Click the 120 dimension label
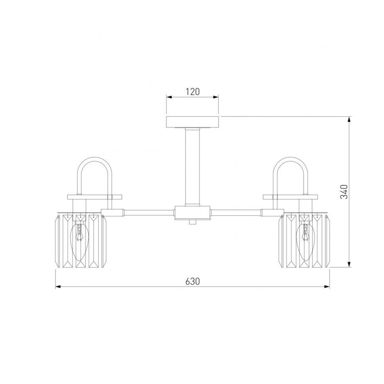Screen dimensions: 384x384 pos(192,91)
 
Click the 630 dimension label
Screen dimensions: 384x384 pos(192,281)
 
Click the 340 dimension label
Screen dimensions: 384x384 pos(344,192)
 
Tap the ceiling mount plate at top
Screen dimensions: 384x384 pos(192,122)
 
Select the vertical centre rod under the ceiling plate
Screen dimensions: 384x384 pos(192,167)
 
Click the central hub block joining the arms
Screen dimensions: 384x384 pos(192,213)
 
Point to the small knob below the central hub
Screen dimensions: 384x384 pos(193,222)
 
